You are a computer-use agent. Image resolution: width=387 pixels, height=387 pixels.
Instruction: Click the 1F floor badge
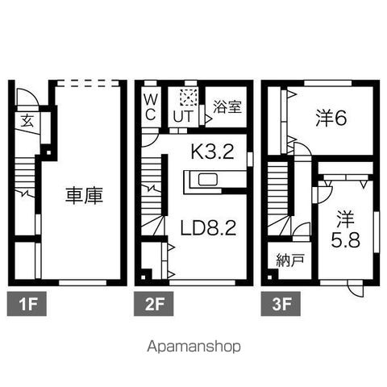[x=27, y=304]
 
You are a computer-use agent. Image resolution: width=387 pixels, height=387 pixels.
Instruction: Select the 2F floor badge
[x=154, y=304]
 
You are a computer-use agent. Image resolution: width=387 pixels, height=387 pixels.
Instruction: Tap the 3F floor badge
[x=281, y=304]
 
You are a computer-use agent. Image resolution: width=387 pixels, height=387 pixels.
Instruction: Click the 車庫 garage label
[x=84, y=196]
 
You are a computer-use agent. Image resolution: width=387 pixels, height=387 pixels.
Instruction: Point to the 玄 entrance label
[x=27, y=120]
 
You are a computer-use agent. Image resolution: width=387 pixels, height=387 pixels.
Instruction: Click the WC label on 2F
[x=151, y=108]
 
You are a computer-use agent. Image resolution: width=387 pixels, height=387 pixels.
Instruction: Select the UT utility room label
[x=183, y=116]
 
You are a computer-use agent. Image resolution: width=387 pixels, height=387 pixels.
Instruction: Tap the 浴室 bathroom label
[x=227, y=106]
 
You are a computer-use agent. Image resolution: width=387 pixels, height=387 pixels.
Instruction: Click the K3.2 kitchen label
[x=212, y=152]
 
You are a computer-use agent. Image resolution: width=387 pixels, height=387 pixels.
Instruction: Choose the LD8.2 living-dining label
[x=208, y=228]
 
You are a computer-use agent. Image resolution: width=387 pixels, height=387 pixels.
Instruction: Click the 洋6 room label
[x=331, y=119]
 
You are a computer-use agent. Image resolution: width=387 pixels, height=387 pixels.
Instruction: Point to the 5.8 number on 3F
[x=345, y=240]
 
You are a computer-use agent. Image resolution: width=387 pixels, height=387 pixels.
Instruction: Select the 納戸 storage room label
[x=290, y=260]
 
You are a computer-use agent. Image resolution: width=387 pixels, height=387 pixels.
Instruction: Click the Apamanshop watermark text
[x=193, y=347]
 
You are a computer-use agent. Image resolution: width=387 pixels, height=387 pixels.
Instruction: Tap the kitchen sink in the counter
[x=208, y=179]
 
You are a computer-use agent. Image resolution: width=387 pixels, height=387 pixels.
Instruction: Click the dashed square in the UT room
[x=189, y=97]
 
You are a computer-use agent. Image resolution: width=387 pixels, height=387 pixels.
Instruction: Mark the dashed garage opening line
[x=88, y=83]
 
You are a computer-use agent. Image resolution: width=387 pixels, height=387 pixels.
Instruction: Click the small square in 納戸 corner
[x=271, y=277]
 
